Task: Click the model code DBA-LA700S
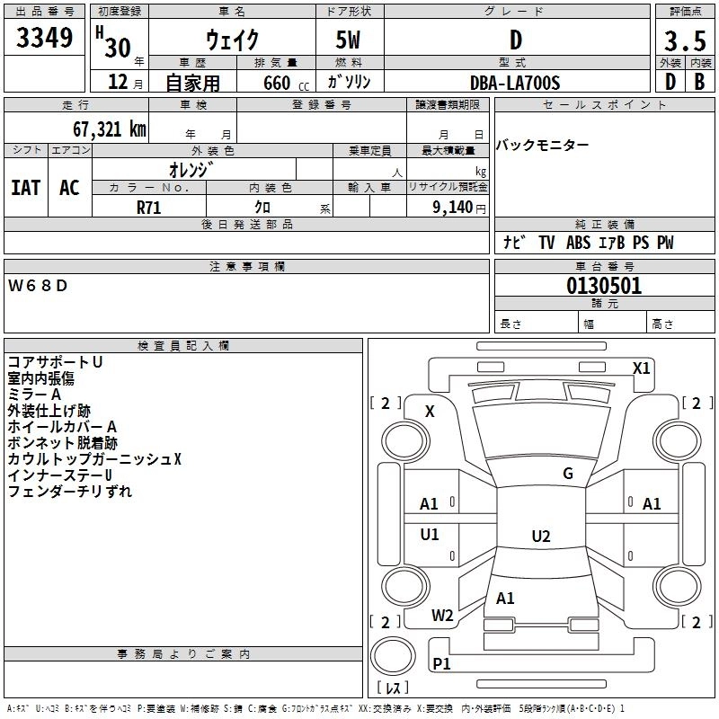pos(515,83)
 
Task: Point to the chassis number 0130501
pos(604,287)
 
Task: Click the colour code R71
pos(148,207)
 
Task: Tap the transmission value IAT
pos(26,188)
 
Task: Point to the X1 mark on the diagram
pos(641,368)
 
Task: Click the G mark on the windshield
pos(567,474)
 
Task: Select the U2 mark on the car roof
pos(540,537)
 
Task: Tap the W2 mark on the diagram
pos(442,616)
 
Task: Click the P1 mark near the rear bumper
pos(441,663)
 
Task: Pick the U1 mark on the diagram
pos(430,535)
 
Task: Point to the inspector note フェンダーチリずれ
pos(69,492)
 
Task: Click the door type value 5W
pos(350,40)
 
